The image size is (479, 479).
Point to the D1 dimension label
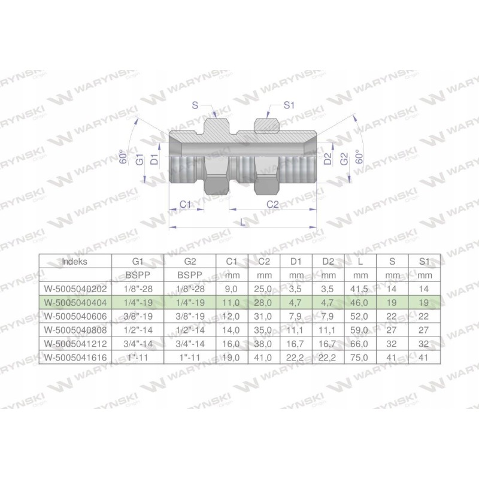coord(154,159)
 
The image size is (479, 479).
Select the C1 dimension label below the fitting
coord(186,204)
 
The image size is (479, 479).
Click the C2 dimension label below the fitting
coord(272,204)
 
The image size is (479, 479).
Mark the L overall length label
coord(242,222)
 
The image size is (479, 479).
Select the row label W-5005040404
coord(74,302)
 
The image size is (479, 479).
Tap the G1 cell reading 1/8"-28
coord(138,289)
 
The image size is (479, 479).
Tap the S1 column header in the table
coord(424,262)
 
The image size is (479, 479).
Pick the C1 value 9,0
coord(232,289)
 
